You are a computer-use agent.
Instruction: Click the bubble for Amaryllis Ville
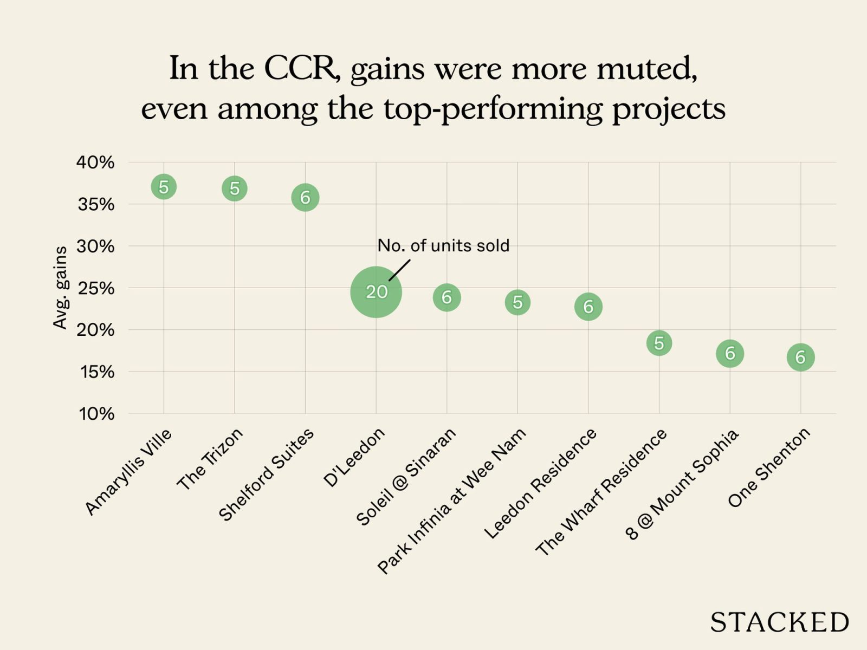tap(164, 187)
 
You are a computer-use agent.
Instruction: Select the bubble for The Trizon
tap(235, 188)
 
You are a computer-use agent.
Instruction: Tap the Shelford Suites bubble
tap(305, 197)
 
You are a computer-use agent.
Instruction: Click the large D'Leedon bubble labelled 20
tap(376, 292)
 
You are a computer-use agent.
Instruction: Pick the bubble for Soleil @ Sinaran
tap(447, 297)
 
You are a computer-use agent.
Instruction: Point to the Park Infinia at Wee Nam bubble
tap(517, 302)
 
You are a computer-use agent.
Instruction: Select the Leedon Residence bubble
tap(588, 307)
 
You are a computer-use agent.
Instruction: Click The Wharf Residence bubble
tap(659, 343)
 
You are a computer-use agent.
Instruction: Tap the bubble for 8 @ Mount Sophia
tap(730, 354)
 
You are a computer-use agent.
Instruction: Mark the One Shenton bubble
tap(800, 357)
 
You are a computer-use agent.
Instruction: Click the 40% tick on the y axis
tap(95, 162)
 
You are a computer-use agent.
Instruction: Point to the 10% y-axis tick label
tap(96, 414)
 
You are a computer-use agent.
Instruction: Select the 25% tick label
tap(96, 288)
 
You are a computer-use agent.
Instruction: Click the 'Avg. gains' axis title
tap(60, 288)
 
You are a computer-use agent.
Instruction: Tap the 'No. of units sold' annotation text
tap(443, 245)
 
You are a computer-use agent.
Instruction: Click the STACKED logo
tap(779, 622)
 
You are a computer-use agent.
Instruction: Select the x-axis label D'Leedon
tap(354, 457)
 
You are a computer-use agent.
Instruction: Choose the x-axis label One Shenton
tap(769, 467)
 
